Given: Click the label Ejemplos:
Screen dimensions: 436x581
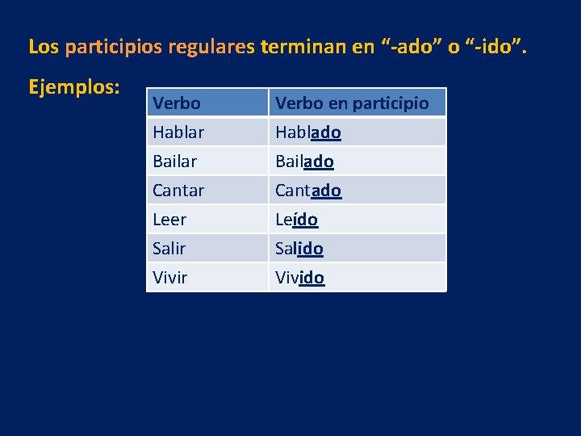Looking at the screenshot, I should [x=74, y=86].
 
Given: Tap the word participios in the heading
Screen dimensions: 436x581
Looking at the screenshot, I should [x=115, y=47].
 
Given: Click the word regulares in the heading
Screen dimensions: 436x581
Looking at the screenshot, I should [x=212, y=47].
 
